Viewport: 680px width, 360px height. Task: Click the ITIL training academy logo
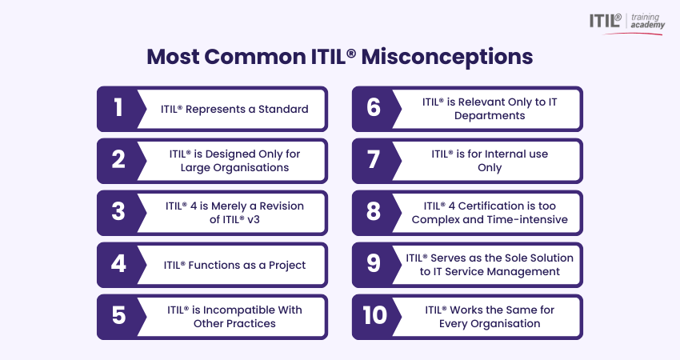click(626, 23)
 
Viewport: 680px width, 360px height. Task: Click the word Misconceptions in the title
click(447, 57)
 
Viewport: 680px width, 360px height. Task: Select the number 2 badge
click(118, 160)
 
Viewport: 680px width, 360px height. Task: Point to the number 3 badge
click(118, 212)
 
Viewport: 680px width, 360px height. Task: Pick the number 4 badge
click(118, 264)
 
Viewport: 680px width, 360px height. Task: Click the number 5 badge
click(118, 316)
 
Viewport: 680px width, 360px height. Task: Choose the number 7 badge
click(374, 160)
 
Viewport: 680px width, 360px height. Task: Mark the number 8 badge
click(374, 212)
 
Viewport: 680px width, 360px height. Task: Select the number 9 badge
click(374, 264)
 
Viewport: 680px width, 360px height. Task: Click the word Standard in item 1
click(283, 109)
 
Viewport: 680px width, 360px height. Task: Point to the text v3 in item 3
click(254, 219)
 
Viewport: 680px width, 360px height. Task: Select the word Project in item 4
click(287, 266)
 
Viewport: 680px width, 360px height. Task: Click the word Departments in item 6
click(490, 116)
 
